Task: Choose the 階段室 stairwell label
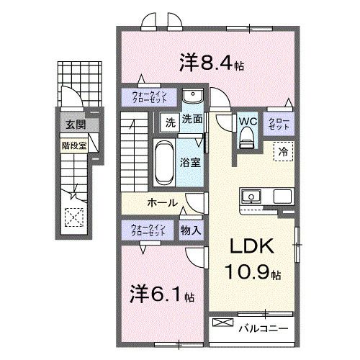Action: pyautogui.click(x=71, y=143)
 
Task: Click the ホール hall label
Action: pyautogui.click(x=163, y=202)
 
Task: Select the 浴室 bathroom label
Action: pyautogui.click(x=191, y=162)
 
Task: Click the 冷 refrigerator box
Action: pyautogui.click(x=284, y=152)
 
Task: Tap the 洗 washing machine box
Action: pyautogui.click(x=168, y=121)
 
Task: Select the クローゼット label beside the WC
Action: pyautogui.click(x=279, y=123)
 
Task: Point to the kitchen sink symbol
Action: pyautogui.click(x=253, y=196)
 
